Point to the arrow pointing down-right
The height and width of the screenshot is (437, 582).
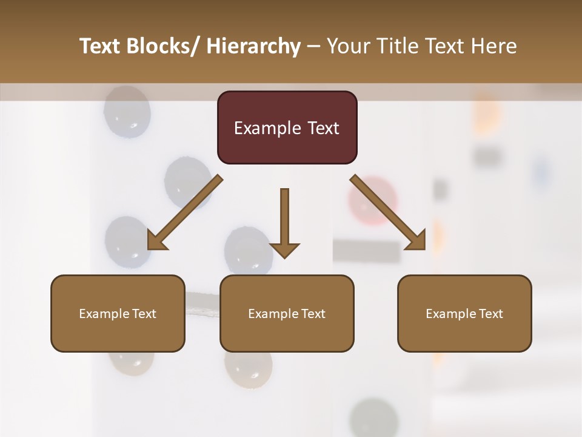click(388, 212)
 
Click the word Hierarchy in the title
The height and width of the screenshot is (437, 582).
click(253, 46)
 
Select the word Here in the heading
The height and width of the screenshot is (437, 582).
click(495, 46)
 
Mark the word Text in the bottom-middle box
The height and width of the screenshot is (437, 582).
click(312, 314)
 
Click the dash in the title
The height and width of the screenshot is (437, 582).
click(313, 47)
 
